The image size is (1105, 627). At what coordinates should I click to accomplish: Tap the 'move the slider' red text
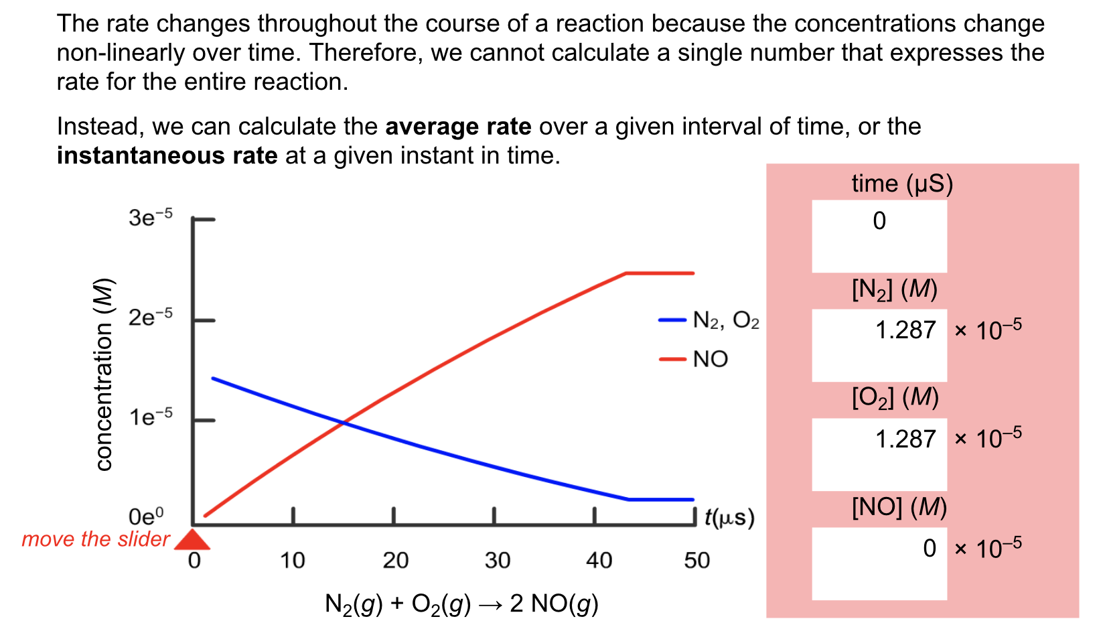95,539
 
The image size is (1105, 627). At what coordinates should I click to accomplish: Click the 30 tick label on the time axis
497,561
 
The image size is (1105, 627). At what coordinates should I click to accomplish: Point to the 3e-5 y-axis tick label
150,218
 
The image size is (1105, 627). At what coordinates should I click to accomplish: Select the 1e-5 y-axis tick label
150,417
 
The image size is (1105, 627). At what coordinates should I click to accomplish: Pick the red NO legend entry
696,360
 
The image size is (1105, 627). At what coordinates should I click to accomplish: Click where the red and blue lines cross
343,423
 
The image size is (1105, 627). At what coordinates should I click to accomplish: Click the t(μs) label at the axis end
729,518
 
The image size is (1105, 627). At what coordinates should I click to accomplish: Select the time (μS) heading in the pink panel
901,184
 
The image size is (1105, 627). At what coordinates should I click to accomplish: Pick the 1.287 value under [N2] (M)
905,330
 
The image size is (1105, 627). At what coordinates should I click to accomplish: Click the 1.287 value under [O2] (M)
905,439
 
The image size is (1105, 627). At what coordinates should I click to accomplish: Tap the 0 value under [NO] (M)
929,549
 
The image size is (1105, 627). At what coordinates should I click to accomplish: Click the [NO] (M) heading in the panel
899,507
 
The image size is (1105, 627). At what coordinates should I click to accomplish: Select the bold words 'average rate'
458,127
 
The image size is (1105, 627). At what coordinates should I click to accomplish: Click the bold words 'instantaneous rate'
167,155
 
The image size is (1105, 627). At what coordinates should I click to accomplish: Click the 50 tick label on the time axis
696,561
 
